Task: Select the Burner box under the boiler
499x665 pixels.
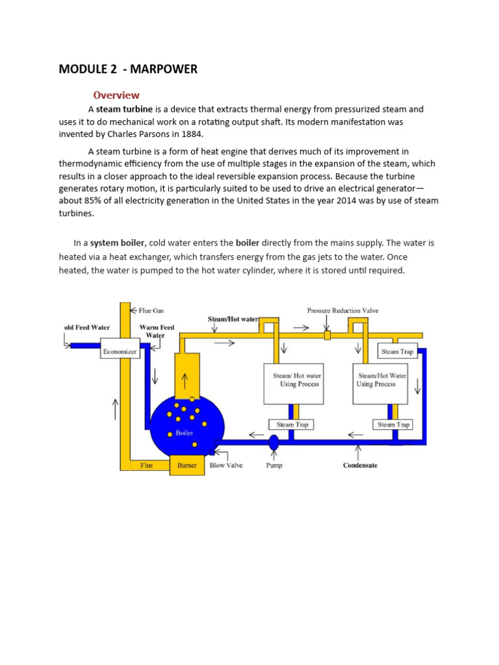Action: (187, 466)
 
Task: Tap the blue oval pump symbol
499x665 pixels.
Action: (274, 442)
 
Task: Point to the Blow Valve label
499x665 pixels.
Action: (226, 466)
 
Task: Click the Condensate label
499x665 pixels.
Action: (360, 466)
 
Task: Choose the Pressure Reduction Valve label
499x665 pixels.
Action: (342, 310)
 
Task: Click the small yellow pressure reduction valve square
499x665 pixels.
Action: (327, 335)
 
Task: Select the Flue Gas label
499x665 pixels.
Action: (150, 310)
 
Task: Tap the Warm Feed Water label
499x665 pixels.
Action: (157, 331)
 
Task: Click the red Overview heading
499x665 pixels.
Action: (116, 95)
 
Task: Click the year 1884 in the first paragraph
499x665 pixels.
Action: (192, 134)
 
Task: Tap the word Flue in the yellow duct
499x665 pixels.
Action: (147, 466)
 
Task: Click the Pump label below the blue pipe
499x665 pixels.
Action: (274, 466)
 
